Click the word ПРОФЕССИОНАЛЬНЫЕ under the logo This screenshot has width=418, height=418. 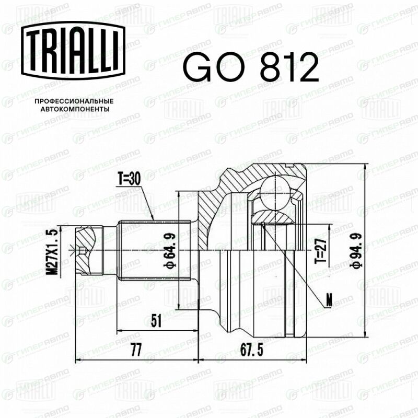[74, 101]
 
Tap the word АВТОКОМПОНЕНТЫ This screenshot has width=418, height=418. [75, 109]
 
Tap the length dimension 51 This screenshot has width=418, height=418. [156, 321]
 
